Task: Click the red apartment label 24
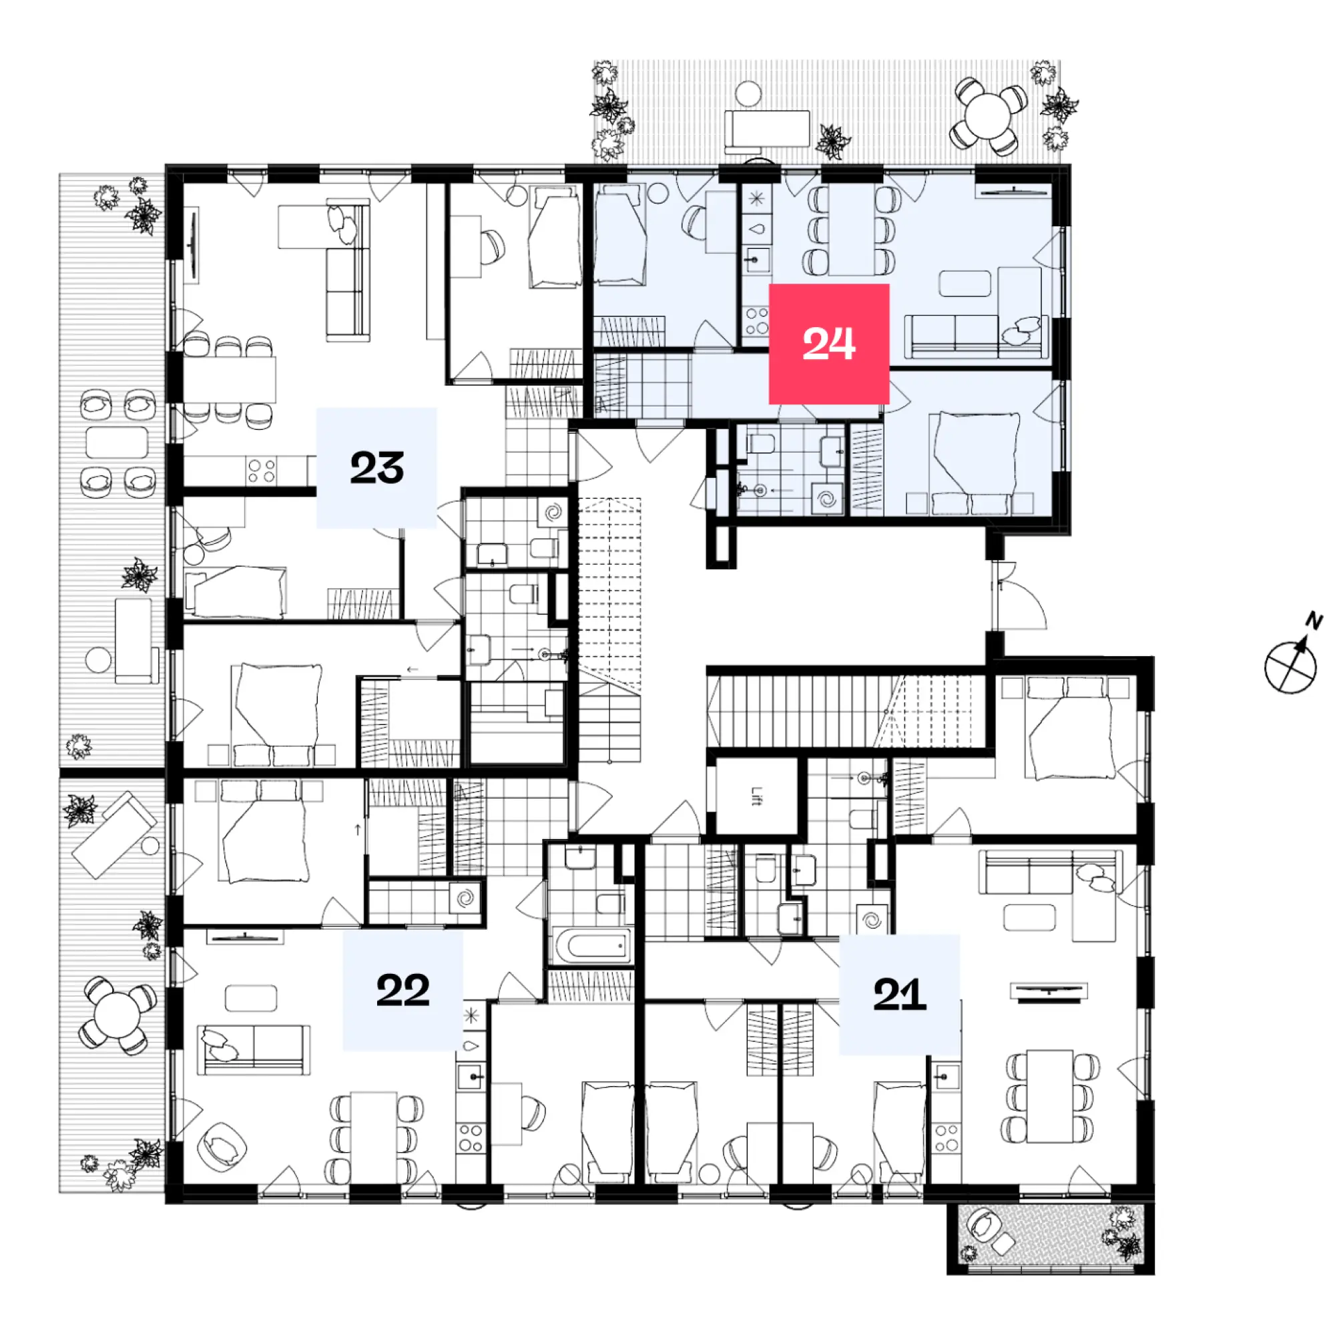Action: tap(828, 343)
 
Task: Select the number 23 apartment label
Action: tap(376, 468)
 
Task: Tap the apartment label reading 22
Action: tap(403, 990)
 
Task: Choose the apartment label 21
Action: tap(899, 995)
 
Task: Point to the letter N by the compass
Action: tap(1314, 620)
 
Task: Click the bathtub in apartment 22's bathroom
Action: tap(591, 945)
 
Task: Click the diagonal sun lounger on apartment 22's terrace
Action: tap(114, 835)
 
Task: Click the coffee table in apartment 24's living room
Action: tap(965, 283)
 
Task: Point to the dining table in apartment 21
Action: tap(1049, 1095)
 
